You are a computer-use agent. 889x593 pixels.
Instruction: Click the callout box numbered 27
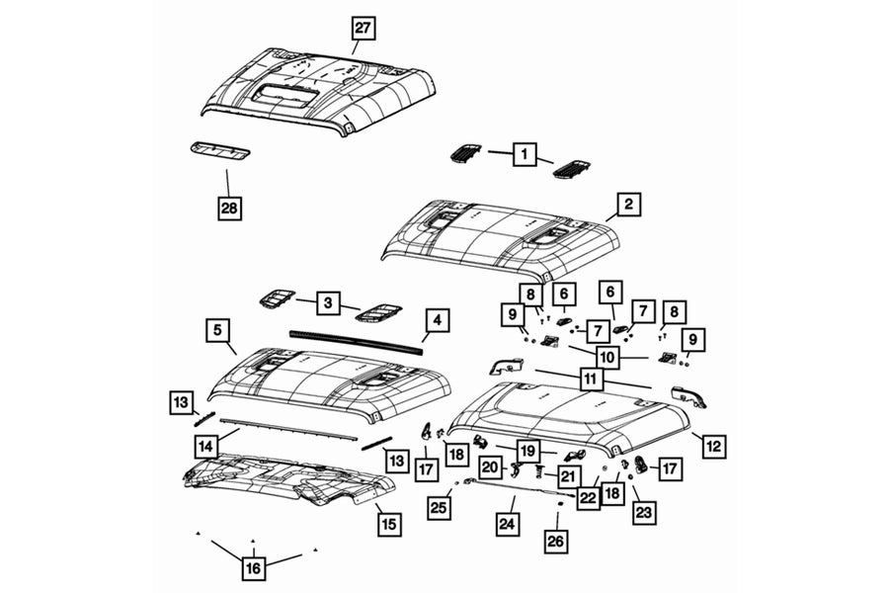click(x=364, y=28)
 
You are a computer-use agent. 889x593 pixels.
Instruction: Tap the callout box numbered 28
click(x=230, y=208)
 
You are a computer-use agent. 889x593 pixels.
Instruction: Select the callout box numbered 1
click(x=525, y=153)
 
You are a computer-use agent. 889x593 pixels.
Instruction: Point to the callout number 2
click(x=627, y=205)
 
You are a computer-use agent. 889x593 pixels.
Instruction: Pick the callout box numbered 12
click(x=712, y=446)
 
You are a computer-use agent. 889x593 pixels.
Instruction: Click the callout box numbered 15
click(x=390, y=523)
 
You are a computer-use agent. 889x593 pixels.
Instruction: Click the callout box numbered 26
click(x=557, y=541)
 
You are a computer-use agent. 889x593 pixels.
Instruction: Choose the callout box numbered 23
click(x=643, y=512)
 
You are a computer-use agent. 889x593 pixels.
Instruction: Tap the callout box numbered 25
click(x=439, y=508)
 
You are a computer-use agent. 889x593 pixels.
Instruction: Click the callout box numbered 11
click(x=592, y=377)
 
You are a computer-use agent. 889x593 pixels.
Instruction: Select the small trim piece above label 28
click(x=219, y=150)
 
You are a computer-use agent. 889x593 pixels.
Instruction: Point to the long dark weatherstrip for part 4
click(x=356, y=341)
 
